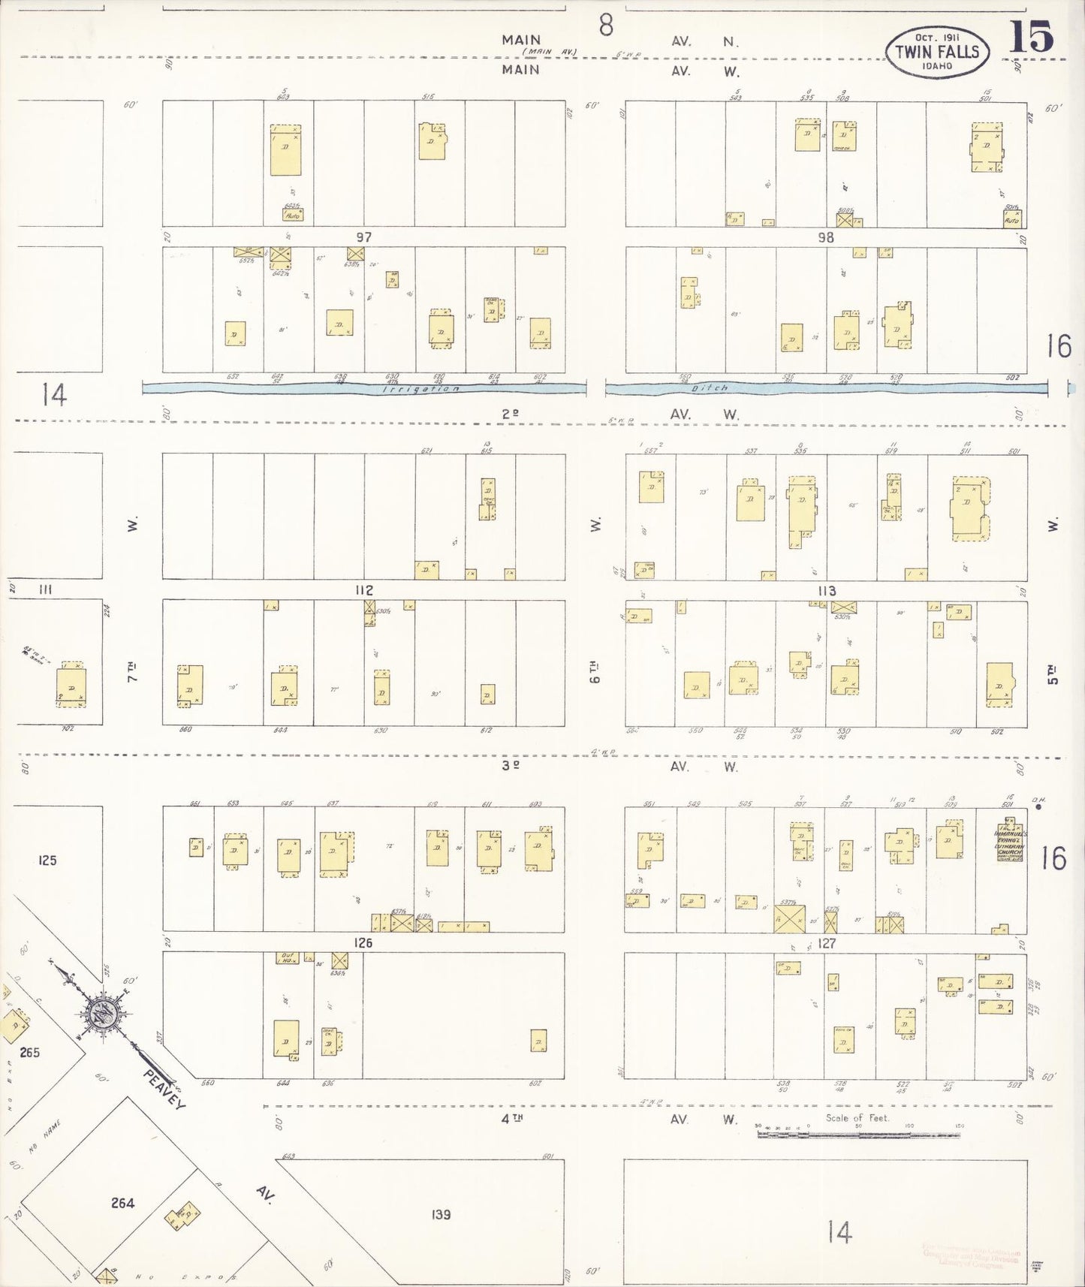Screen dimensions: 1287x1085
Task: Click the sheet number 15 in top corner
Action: tap(1031, 37)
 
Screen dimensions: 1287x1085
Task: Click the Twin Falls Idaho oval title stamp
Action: tap(937, 52)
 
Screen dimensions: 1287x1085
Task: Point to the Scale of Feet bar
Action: tap(858, 1134)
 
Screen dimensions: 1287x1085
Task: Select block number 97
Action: tap(363, 237)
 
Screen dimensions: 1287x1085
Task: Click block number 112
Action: tap(364, 590)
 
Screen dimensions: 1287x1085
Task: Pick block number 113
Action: tap(827, 591)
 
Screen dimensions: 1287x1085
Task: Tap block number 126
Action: tap(363, 943)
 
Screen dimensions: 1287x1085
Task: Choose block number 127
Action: tap(827, 943)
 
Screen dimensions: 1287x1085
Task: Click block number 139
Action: tap(442, 1214)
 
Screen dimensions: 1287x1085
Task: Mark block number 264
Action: tap(122, 1204)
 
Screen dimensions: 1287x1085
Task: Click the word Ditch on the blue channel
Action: tap(710, 388)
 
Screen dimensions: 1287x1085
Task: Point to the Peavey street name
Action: tap(165, 1089)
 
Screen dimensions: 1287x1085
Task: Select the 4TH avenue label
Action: tap(512, 1119)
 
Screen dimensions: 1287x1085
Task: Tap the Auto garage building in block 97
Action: tap(293, 215)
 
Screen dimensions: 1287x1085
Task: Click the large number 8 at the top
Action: tap(606, 26)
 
